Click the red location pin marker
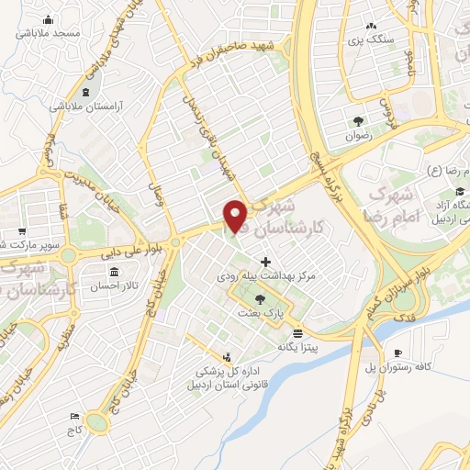click(236, 216)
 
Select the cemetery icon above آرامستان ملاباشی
click(86, 93)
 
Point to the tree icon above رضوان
click(357, 120)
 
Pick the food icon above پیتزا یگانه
click(298, 334)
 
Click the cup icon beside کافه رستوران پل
click(397, 354)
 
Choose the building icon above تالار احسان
click(114, 273)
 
